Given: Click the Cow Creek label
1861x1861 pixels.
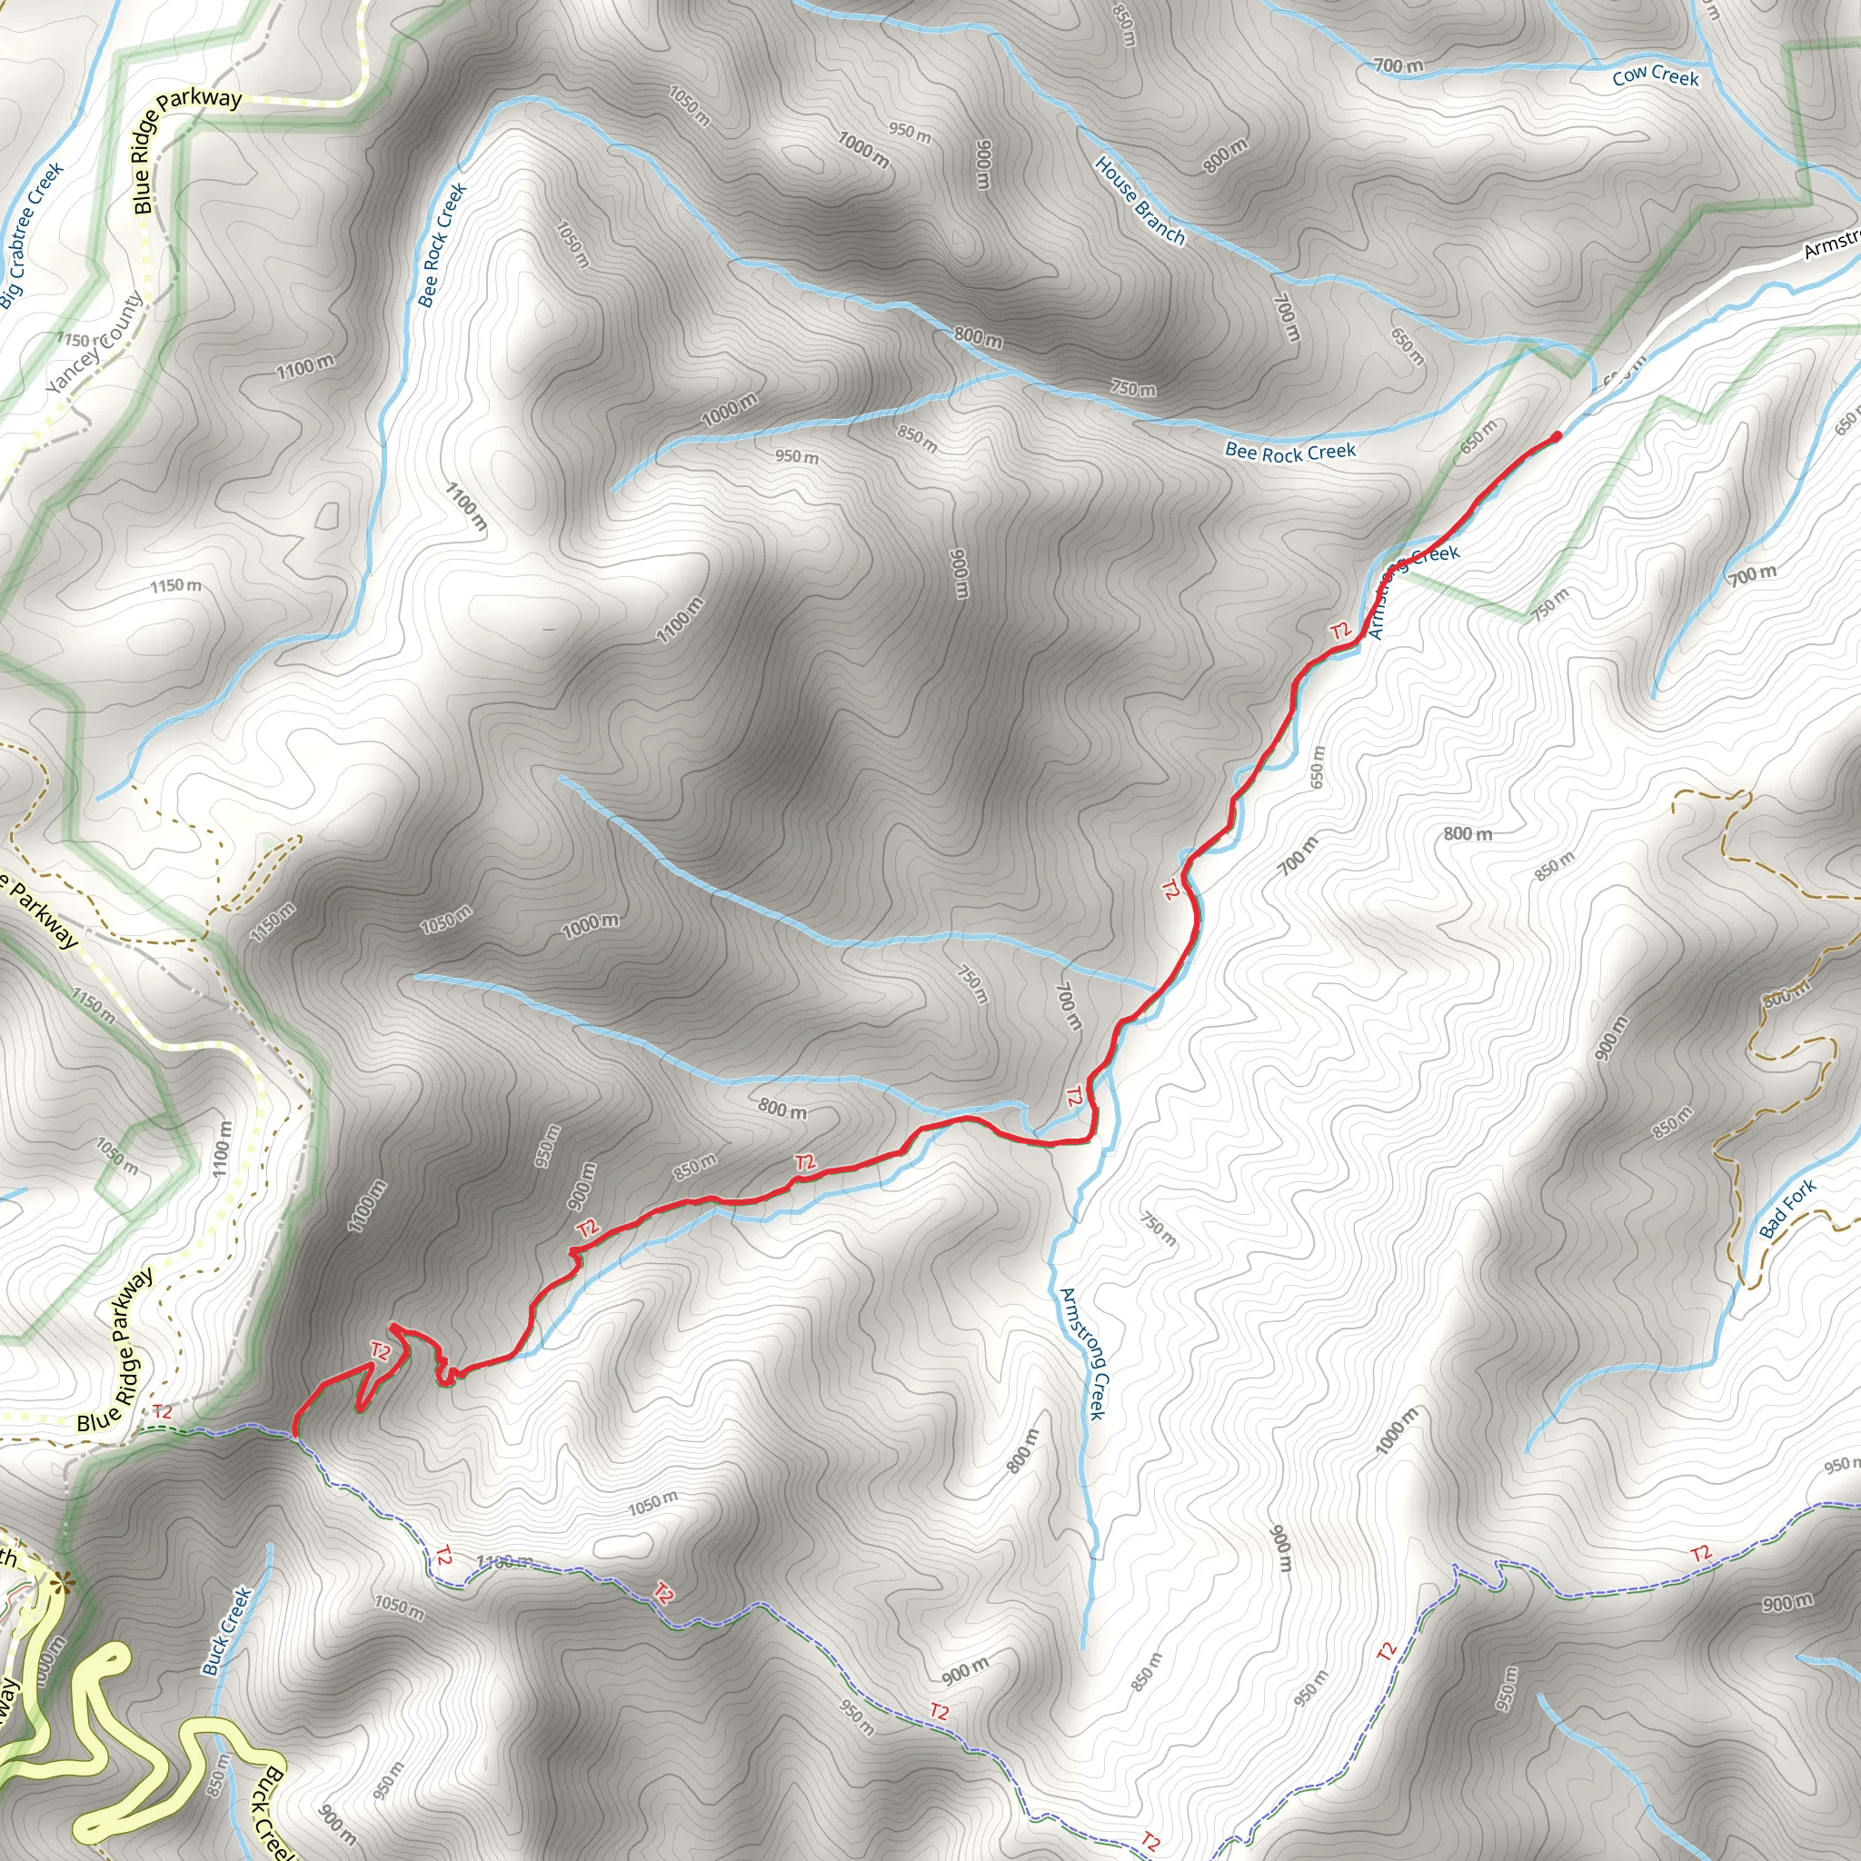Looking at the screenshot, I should coord(1655,76).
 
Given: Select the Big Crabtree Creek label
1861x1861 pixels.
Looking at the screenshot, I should coord(32,235).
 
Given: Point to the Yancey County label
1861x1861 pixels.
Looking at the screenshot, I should coord(95,343).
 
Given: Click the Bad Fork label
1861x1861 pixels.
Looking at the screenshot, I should coord(1786,1209).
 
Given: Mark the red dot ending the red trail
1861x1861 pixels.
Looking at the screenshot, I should coord(1557,437).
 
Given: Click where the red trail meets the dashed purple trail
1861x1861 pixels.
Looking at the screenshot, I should coord(294,1434).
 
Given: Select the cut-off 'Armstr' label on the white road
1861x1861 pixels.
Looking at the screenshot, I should coord(1830,244).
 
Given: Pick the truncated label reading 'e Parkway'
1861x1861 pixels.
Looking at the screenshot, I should coord(41,912).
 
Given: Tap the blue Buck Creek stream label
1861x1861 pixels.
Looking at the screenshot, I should coord(226,1631).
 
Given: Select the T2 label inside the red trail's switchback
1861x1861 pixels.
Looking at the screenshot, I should coord(381,1352).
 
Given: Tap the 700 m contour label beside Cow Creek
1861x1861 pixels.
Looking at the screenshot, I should coord(1398,65).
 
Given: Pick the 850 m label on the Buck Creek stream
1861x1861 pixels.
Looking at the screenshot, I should coord(219,1776).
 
